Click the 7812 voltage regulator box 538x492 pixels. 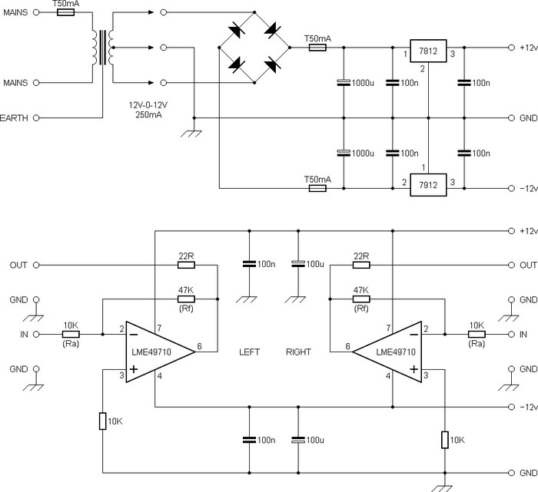pos(428,50)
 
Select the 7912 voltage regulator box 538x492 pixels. pos(428,186)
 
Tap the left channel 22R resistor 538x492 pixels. pos(186,265)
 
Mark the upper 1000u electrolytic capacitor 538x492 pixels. pos(343,82)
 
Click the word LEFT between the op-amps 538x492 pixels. pos(250,352)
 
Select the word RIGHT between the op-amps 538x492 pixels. pos(298,352)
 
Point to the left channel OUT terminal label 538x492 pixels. pos(18,265)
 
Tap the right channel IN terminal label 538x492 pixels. pos(523,335)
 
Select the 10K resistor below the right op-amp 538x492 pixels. pos(443,439)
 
